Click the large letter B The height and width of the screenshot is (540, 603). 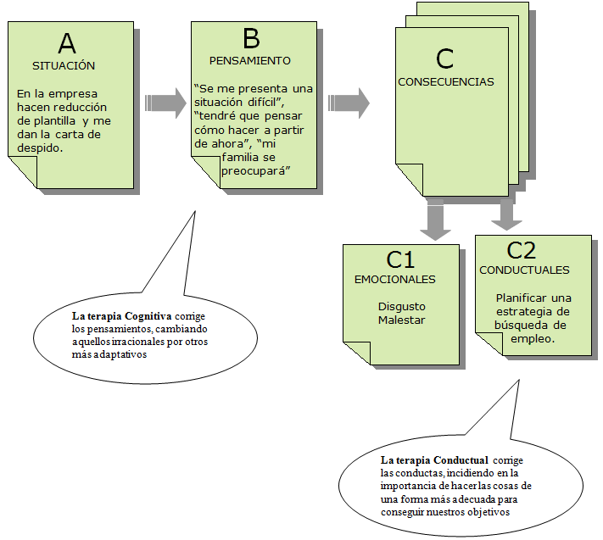pos(251,39)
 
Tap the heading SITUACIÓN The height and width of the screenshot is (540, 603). pos(64,65)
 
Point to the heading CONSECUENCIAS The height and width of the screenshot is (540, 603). pos(446,82)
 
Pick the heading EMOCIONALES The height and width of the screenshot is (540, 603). pos(394,279)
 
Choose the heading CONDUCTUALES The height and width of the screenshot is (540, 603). pos(524,270)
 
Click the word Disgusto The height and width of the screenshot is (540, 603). pos(402,306)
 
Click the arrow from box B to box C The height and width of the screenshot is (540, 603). pos(349,103)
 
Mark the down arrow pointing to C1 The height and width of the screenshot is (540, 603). pos(437,222)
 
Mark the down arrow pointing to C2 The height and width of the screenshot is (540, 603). pos(507,215)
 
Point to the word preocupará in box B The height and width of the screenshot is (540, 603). pos(255,171)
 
